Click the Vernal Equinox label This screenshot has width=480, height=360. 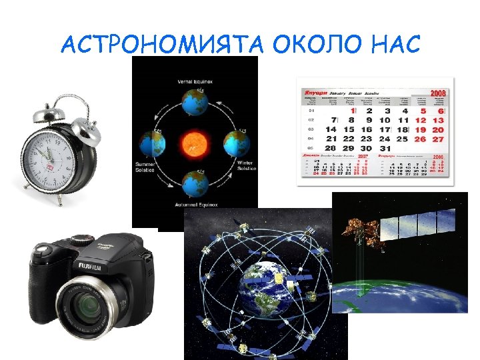(x=194, y=81)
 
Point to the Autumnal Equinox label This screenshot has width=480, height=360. (x=194, y=205)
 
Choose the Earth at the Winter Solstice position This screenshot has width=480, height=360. (x=236, y=142)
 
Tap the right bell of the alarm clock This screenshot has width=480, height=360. (x=85, y=127)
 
